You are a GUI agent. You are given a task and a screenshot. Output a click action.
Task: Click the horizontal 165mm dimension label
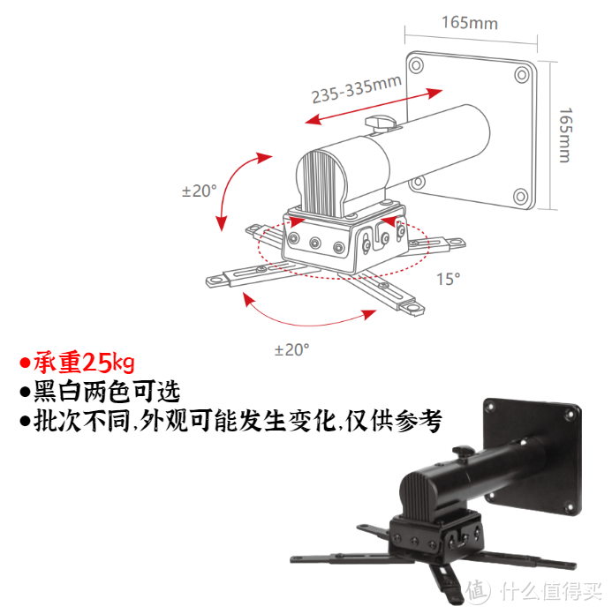[x=469, y=23]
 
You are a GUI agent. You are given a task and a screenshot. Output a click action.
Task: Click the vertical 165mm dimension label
[x=565, y=135]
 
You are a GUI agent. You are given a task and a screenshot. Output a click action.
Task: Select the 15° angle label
[x=448, y=279]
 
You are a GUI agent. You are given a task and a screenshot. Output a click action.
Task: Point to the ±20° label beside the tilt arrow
[x=199, y=191]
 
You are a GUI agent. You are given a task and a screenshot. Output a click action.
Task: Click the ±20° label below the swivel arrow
[x=292, y=349]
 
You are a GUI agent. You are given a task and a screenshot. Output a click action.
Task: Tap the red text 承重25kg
[x=85, y=363]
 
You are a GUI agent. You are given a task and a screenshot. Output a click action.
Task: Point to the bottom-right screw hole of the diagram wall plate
[x=522, y=197]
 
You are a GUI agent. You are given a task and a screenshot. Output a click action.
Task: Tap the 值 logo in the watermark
[x=478, y=589]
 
